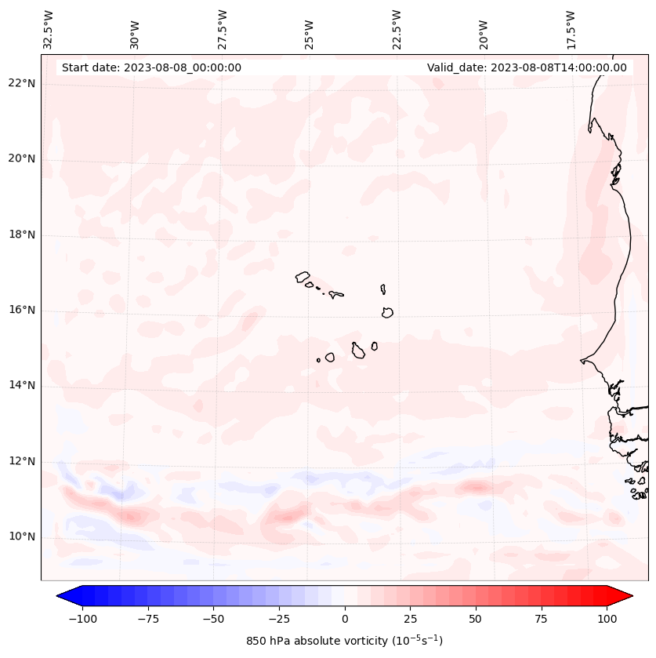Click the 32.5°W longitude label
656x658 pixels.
click(x=49, y=29)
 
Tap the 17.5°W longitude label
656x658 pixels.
click(x=571, y=29)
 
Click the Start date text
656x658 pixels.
click(x=151, y=67)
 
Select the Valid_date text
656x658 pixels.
click(x=527, y=67)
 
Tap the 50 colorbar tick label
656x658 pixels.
click(x=476, y=618)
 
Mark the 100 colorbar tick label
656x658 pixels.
click(x=606, y=618)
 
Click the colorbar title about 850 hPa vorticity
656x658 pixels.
click(x=344, y=641)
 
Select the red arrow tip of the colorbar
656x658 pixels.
click(x=628, y=596)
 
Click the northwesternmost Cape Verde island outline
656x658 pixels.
click(x=303, y=276)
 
